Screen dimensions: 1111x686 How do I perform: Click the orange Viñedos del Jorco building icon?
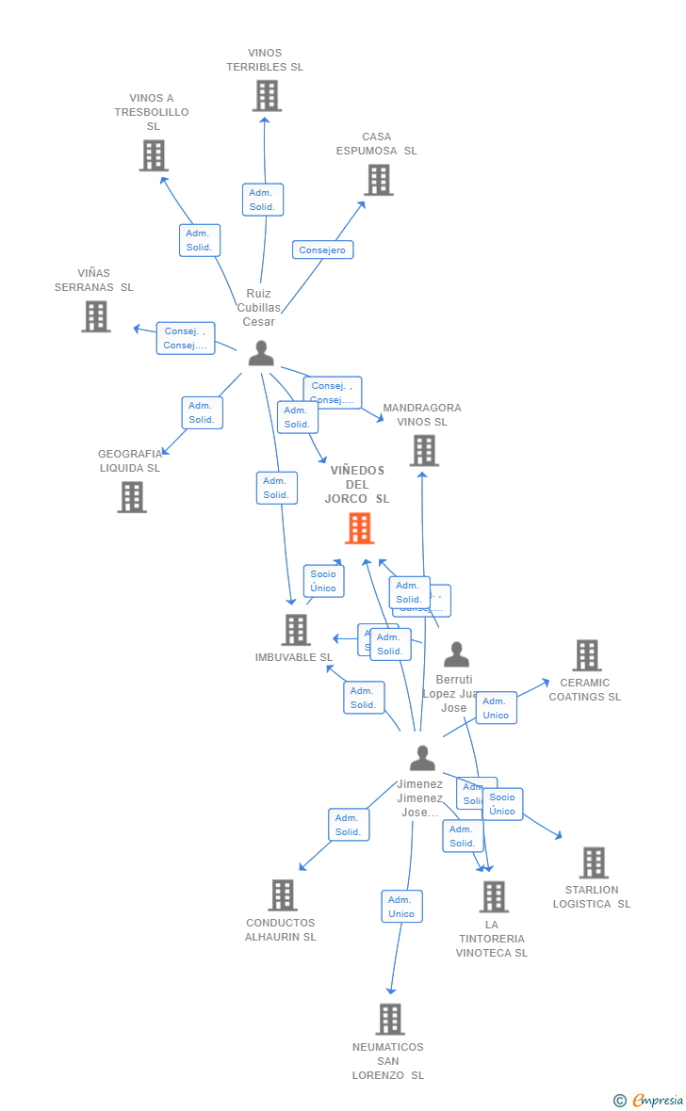[359, 528]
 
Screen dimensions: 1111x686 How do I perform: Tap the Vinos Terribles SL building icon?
[267, 95]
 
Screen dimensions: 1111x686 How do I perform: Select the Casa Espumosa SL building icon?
[378, 179]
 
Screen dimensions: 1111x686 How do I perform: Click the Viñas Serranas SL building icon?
[95, 316]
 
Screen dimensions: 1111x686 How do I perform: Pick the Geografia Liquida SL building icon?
[132, 496]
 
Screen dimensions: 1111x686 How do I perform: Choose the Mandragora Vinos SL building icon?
[423, 450]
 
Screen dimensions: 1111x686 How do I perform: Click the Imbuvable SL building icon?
[296, 630]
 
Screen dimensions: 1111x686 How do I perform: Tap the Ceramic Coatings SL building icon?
[586, 655]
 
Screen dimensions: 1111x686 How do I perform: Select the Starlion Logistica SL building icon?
[593, 862]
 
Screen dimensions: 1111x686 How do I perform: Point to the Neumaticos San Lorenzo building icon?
[389, 1019]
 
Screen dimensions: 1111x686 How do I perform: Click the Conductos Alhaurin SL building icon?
[283, 895]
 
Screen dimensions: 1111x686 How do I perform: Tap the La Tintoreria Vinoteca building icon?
[493, 896]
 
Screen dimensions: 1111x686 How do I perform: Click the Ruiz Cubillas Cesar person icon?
[261, 353]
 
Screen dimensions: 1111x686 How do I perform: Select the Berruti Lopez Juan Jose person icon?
[456, 654]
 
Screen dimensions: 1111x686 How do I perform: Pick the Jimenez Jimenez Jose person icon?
[422, 758]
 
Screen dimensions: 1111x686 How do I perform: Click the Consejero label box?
[322, 250]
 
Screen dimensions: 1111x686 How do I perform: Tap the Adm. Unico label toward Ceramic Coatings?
[496, 708]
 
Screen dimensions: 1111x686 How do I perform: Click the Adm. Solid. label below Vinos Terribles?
[262, 200]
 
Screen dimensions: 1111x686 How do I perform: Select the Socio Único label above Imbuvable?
[323, 581]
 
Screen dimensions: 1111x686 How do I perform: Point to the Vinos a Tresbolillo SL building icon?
[154, 155]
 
